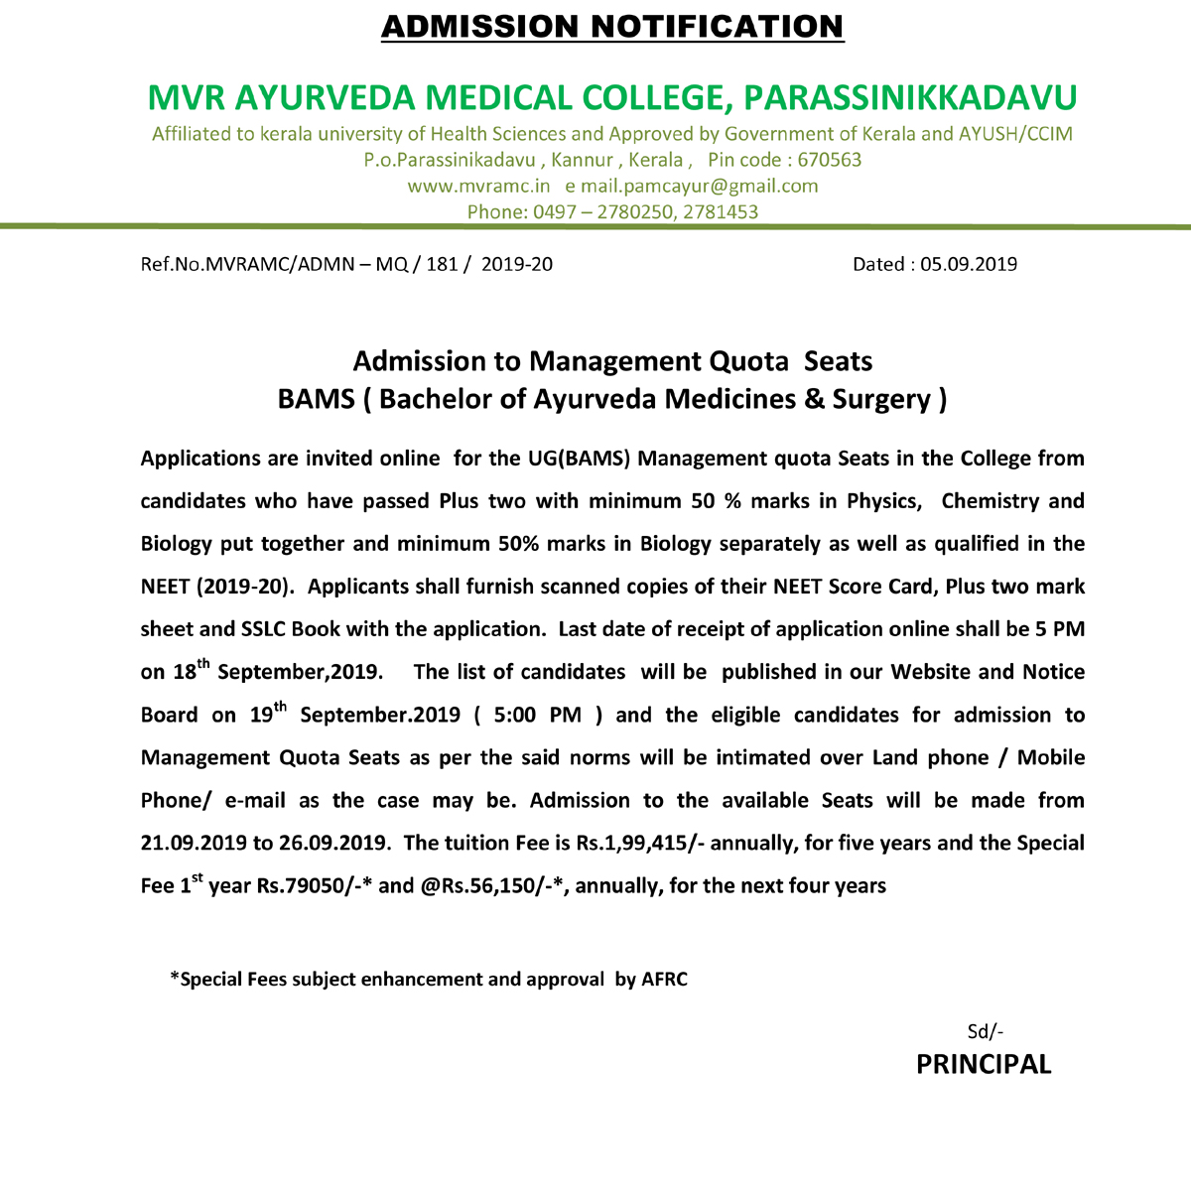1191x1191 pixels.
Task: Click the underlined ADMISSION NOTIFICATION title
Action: (612, 27)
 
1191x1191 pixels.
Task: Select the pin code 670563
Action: (830, 160)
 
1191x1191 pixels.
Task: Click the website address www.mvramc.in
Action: (478, 186)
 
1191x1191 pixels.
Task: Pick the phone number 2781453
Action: (721, 211)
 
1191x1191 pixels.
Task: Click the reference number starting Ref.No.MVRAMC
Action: (346, 264)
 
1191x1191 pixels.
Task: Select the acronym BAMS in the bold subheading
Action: (316, 399)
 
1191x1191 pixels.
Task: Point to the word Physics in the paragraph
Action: (882, 501)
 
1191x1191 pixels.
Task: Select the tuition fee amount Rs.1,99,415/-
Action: (640, 843)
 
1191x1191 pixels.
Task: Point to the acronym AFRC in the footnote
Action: (664, 980)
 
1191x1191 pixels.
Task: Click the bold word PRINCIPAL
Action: (983, 1065)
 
